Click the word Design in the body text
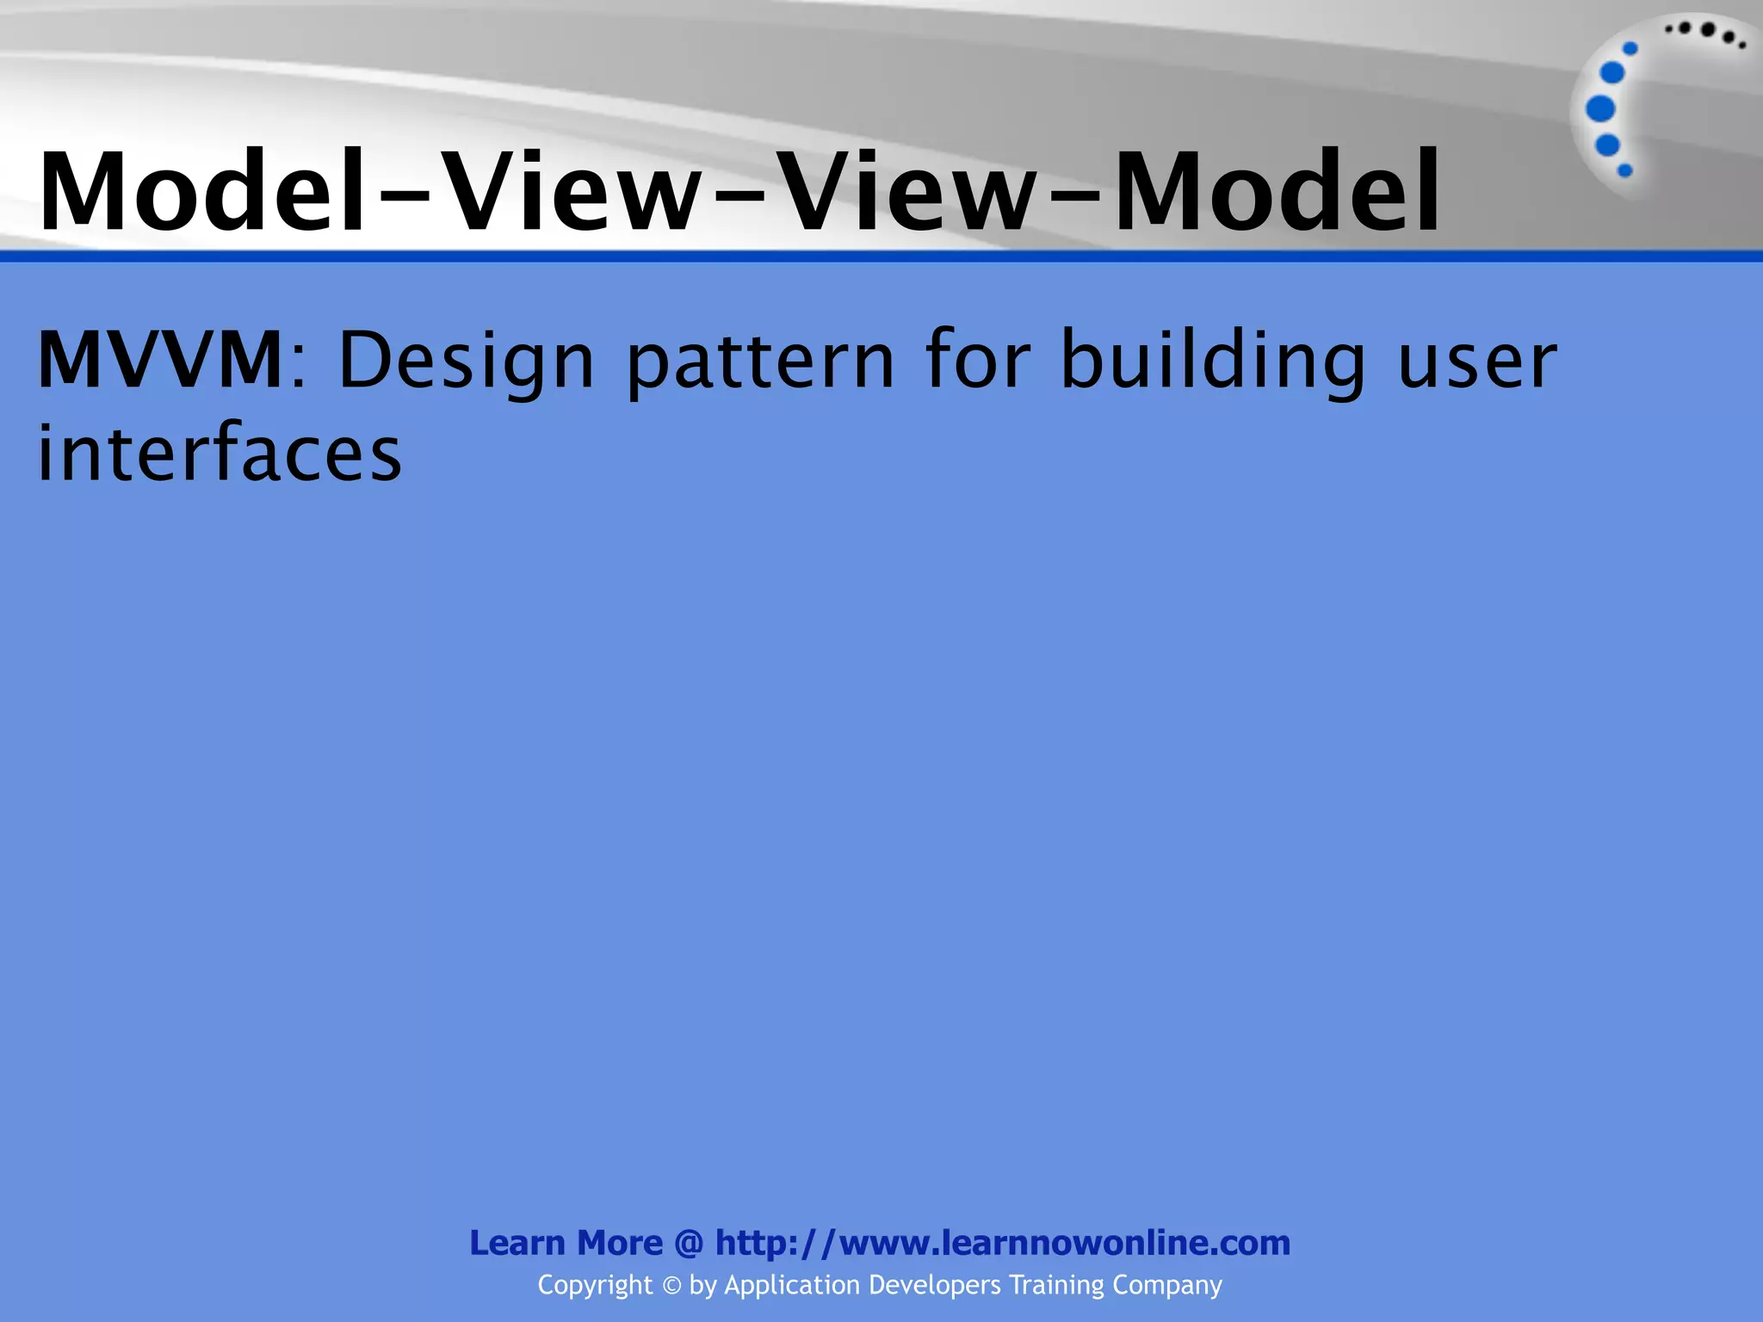[x=466, y=361]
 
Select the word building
[x=1213, y=361]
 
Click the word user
[x=1477, y=361]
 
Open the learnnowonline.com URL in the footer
[x=1003, y=1243]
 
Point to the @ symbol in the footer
[x=689, y=1244]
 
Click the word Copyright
[x=595, y=1285]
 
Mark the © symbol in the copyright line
[x=671, y=1286]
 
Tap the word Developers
[x=935, y=1285]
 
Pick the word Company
[x=1167, y=1285]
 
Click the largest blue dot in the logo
[x=1600, y=108]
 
